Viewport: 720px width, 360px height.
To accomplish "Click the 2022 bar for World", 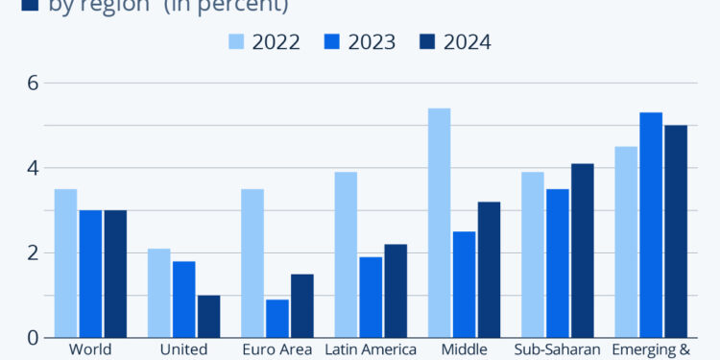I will (65, 263).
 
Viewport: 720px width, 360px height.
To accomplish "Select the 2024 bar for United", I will (208, 316).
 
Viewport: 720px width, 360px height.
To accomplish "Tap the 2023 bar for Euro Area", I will (277, 318).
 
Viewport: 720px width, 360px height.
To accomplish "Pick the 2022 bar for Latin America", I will (346, 254).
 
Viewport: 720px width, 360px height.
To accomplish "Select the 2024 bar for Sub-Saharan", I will (582, 251).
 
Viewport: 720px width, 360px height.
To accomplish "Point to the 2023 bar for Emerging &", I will (651, 225).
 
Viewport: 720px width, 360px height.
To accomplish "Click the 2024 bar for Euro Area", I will (302, 305).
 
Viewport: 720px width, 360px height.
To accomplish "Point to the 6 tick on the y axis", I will (32, 83).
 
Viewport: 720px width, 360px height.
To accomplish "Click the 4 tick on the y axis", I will (32, 168).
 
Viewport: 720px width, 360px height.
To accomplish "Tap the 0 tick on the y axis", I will (32, 338).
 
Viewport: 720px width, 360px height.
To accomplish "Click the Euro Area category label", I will (277, 349).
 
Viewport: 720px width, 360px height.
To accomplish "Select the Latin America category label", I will (371, 349).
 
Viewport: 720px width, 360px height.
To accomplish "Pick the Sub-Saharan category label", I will (557, 349).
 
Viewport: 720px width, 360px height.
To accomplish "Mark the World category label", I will (90, 349).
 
